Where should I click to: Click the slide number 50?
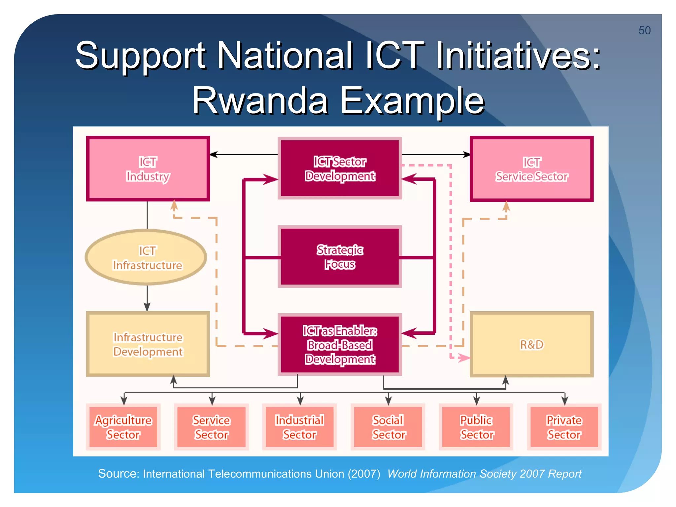pyautogui.click(x=644, y=31)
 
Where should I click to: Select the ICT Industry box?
pyautogui.click(x=148, y=169)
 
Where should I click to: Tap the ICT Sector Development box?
pyautogui.click(x=340, y=168)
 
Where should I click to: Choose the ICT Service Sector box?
pyautogui.click(x=531, y=169)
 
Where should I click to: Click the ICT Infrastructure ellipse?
pyautogui.click(x=146, y=257)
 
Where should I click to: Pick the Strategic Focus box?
pyautogui.click(x=340, y=257)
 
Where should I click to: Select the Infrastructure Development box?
pyautogui.click(x=148, y=344)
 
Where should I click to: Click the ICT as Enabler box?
pyautogui.click(x=340, y=345)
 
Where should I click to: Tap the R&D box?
pyautogui.click(x=531, y=344)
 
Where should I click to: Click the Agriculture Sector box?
pyautogui.click(x=123, y=427)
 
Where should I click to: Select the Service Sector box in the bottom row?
pyautogui.click(x=211, y=427)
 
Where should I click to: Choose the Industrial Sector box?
pyautogui.click(x=299, y=427)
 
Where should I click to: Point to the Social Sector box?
pyautogui.click(x=388, y=427)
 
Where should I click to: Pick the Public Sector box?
pyautogui.click(x=476, y=427)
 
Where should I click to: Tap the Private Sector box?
pyautogui.click(x=564, y=427)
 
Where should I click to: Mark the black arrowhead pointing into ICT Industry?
pyautogui.click(x=214, y=154)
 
